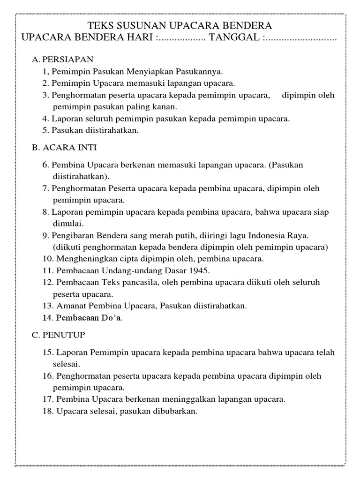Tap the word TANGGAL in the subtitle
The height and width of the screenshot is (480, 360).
(x=234, y=37)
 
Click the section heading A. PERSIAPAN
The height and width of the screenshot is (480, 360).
(x=63, y=60)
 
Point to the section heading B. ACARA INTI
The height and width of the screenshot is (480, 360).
(x=64, y=147)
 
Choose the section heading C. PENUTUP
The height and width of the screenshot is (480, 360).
(x=59, y=335)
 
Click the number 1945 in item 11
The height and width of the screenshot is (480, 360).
(x=200, y=270)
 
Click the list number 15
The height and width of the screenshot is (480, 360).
(x=47, y=352)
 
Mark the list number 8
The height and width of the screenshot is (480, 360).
(x=45, y=212)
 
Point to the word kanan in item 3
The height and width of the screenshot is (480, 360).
(x=151, y=107)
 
